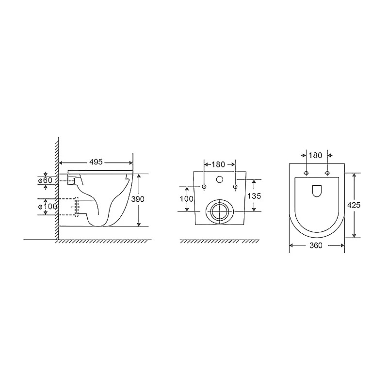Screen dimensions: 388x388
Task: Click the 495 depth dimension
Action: (96, 162)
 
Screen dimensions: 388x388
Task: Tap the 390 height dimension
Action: (138, 199)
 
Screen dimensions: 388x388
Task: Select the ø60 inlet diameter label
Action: (45, 180)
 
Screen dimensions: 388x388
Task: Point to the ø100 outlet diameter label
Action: (48, 206)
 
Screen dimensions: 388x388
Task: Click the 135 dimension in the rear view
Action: (254, 196)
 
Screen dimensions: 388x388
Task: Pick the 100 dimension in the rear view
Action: (186, 198)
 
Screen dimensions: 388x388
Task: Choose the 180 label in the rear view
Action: (219, 164)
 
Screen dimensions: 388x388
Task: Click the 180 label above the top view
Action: (316, 155)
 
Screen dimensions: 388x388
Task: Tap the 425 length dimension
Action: (354, 205)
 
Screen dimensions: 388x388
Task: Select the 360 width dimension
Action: (316, 245)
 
